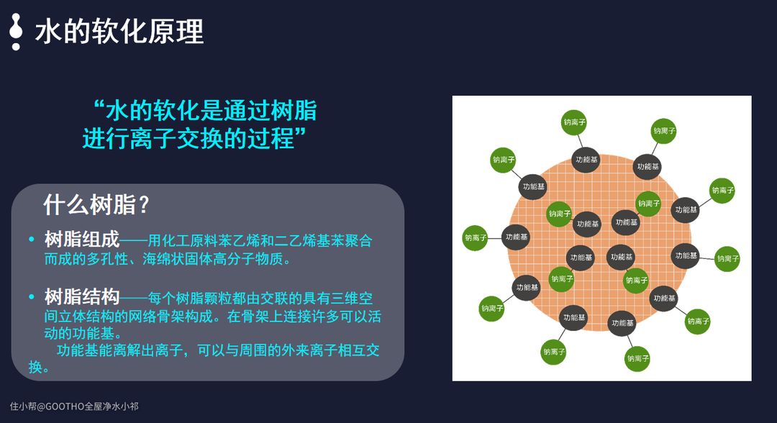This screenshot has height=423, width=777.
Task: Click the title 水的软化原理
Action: click(119, 31)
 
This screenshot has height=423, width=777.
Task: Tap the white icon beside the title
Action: click(16, 32)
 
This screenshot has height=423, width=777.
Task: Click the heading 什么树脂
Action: click(89, 204)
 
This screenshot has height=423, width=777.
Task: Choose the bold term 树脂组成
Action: click(82, 240)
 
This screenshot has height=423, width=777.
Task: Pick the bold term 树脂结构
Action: click(82, 297)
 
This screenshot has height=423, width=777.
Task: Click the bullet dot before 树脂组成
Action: click(32, 240)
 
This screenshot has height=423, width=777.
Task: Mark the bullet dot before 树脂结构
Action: click(32, 297)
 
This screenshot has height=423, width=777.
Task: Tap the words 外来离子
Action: click(309, 350)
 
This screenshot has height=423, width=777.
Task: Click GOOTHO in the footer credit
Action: click(65, 406)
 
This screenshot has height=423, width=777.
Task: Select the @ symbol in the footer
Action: click(41, 406)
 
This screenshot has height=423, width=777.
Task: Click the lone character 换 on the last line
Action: click(35, 367)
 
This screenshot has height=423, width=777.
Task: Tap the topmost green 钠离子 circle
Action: click(574, 122)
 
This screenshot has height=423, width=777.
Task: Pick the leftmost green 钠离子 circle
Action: click(476, 237)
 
